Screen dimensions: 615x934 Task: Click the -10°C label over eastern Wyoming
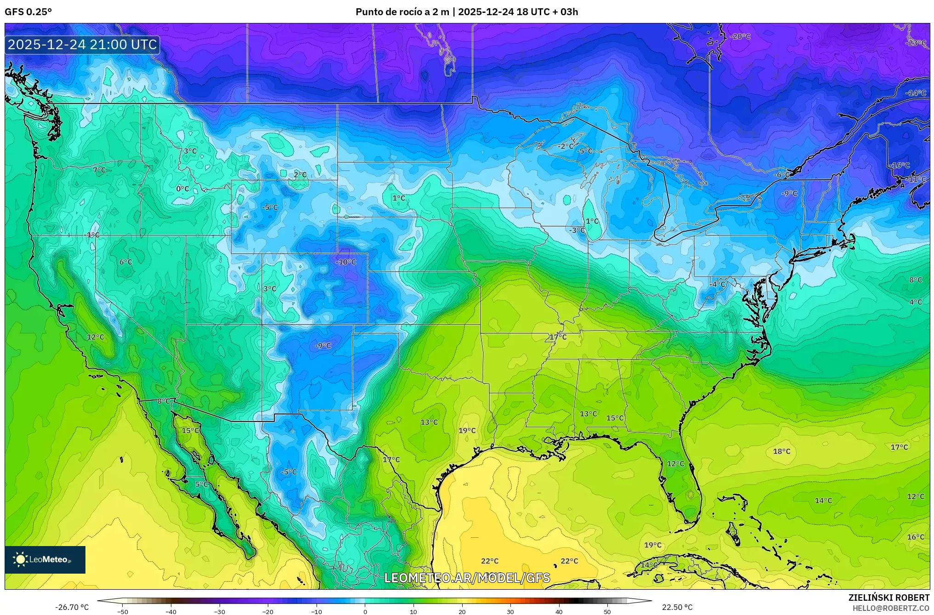[x=346, y=262]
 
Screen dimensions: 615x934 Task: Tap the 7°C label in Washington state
[x=99, y=170]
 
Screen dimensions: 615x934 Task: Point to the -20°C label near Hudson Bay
[x=740, y=36]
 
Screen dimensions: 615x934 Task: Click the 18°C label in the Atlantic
[x=781, y=451]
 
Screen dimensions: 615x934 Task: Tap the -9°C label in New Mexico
[x=323, y=346]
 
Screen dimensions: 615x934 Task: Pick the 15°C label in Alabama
[x=615, y=418]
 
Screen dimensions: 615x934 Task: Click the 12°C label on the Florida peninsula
[x=675, y=464]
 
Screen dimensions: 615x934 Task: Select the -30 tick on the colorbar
[x=220, y=611]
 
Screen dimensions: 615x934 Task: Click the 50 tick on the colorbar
[x=607, y=611]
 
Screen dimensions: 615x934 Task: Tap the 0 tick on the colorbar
[x=365, y=611]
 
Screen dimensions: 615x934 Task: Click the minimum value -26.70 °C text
[x=72, y=607]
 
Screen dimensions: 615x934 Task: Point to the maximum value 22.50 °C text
[x=677, y=607]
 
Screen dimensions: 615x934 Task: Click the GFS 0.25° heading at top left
[x=28, y=12]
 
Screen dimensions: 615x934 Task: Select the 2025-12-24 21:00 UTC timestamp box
[x=83, y=45]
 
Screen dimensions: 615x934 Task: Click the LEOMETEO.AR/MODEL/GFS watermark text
[x=467, y=578]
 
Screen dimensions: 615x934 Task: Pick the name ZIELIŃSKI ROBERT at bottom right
[x=889, y=598]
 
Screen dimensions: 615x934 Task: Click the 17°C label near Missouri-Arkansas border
[x=558, y=337]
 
